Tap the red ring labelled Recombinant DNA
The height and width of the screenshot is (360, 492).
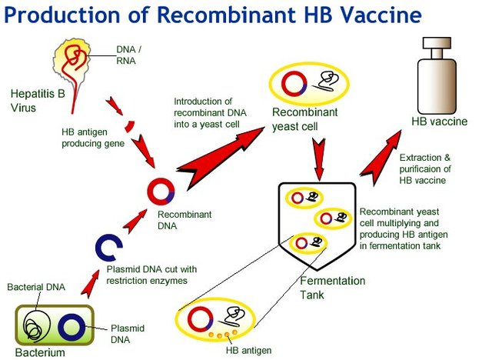tap(161, 192)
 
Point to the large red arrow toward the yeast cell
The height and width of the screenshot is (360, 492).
tap(218, 150)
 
